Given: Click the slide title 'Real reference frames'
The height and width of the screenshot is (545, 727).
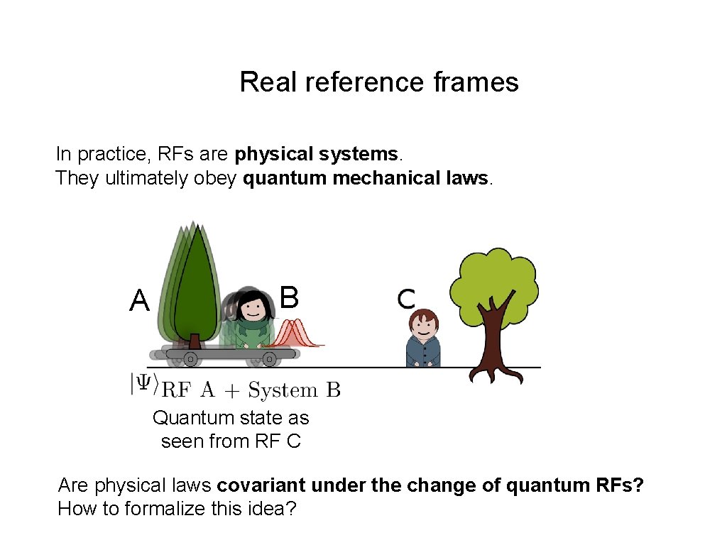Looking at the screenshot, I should point(379,82).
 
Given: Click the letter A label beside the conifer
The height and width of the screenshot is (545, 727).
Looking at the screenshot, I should point(140,301).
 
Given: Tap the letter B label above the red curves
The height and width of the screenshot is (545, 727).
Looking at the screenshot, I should point(289,297).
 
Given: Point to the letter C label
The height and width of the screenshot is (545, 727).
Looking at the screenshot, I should point(406,299).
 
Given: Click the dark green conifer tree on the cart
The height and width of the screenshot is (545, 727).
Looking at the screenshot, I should point(195,284).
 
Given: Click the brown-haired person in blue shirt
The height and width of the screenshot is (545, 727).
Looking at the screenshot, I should point(423,338).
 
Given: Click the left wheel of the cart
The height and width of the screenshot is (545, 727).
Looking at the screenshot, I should point(190,360).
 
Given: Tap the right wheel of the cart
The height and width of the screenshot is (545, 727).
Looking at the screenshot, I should point(269,360).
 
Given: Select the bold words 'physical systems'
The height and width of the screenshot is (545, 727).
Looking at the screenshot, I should point(317,154).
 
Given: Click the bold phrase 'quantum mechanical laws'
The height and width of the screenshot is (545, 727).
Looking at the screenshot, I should point(365,178).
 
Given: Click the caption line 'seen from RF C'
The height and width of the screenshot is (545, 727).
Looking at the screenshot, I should point(231,441).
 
